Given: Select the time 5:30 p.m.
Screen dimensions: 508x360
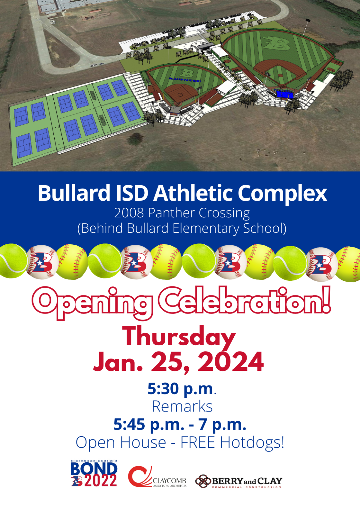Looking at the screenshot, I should click(x=181, y=389).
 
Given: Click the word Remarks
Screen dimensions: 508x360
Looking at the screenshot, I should click(x=182, y=407).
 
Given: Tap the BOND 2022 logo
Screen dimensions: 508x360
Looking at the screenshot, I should click(x=94, y=474).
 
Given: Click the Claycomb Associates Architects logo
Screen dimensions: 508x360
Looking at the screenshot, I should click(x=157, y=477).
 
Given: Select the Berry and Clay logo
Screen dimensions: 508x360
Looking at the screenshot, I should click(x=239, y=481).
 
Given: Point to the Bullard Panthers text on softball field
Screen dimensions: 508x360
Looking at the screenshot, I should click(x=185, y=80).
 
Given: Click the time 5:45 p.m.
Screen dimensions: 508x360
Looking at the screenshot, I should click(x=149, y=425).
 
